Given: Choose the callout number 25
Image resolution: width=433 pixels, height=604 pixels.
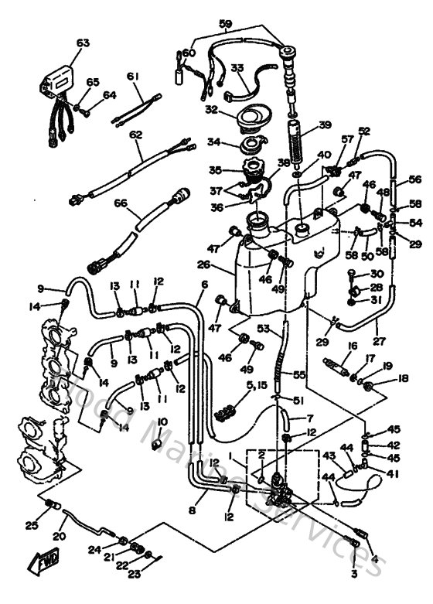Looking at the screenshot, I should tap(30, 526).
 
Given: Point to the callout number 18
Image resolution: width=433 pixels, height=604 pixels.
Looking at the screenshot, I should tap(381, 379).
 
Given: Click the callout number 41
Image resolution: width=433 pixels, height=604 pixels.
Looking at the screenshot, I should tap(393, 474).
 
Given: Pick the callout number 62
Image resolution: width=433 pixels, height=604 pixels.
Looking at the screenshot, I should tap(136, 135).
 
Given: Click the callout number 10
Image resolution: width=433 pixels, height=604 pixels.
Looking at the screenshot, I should tap(162, 421).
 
